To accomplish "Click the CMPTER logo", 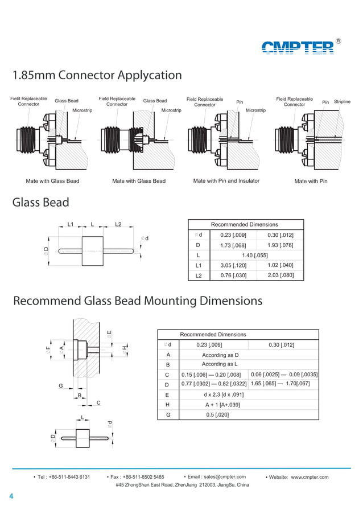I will click(298, 47).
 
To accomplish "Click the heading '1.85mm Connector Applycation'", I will click(97, 75).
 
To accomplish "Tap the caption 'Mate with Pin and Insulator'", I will click(226, 181).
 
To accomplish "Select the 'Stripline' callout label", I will click(342, 102).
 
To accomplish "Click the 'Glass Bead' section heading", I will click(41, 203).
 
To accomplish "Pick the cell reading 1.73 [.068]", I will click(233, 245).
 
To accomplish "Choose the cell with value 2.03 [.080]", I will click(280, 275).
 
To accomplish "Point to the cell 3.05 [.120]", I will click(233, 266).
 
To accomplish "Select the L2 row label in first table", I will click(199, 276).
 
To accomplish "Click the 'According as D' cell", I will click(220, 355).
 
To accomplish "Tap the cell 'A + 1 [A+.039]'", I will click(222, 405).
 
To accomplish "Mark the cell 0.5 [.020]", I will click(217, 415).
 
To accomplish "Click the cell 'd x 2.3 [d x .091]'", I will click(224, 394).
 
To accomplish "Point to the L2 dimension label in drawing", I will click(118, 224).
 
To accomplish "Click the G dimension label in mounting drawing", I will click(60, 386).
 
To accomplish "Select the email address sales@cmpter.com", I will click(220, 477).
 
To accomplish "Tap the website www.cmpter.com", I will click(310, 477).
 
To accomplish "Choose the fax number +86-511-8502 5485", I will click(145, 477).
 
